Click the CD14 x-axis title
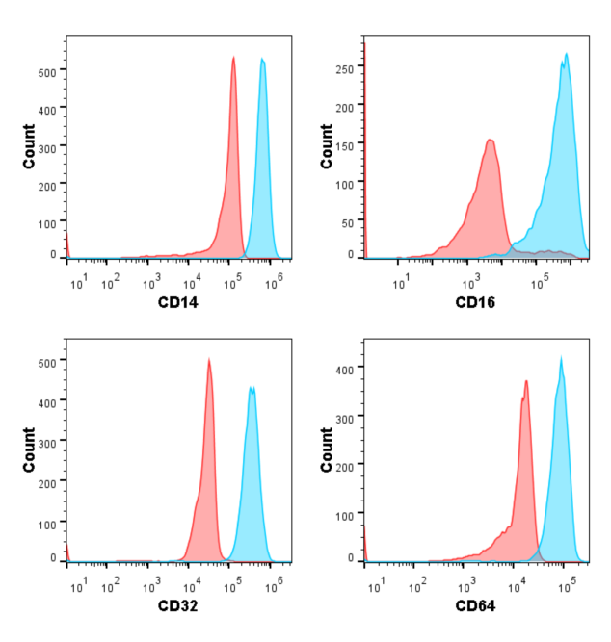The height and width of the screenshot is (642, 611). (177, 304)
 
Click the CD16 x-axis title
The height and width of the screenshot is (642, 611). (475, 304)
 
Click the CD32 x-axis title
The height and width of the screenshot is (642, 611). (177, 606)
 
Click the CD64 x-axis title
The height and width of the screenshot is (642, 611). (475, 606)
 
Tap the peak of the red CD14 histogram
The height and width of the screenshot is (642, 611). (233, 58)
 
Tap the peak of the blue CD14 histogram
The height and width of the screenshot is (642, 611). (262, 61)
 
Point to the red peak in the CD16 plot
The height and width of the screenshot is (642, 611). (491, 141)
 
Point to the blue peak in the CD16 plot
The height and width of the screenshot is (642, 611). (567, 55)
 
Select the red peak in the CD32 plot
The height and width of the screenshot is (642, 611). (209, 361)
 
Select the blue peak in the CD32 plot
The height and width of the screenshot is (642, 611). (252, 389)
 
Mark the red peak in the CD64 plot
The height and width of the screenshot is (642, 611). (526, 382)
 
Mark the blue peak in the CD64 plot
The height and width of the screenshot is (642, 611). (561, 359)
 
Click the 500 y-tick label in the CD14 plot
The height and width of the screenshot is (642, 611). (46, 70)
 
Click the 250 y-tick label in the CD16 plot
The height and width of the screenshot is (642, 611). (344, 68)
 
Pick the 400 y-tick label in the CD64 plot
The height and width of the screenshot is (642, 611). (344, 368)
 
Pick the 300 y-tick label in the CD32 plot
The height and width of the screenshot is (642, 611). (46, 440)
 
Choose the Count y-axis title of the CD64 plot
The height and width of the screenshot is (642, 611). (326, 449)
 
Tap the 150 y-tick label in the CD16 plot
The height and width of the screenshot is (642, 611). (344, 143)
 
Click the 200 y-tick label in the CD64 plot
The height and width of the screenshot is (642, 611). (344, 466)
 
